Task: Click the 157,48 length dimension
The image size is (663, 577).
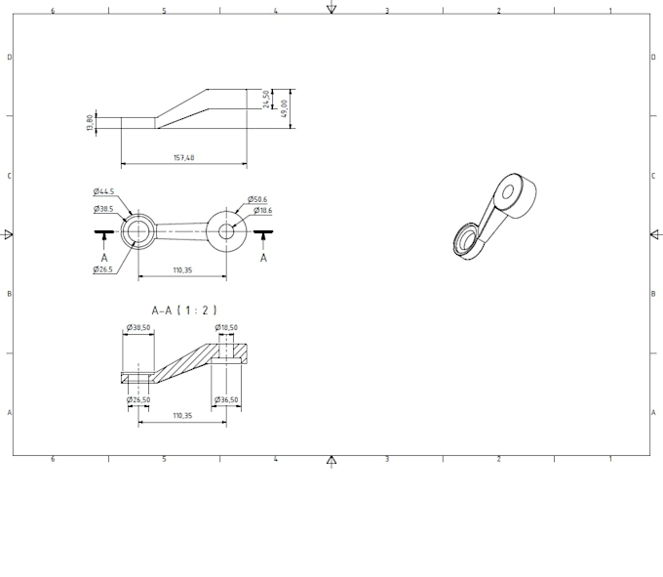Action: [x=183, y=157]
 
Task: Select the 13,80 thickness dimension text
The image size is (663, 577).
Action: [x=90, y=123]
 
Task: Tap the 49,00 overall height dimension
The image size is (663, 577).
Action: [x=285, y=107]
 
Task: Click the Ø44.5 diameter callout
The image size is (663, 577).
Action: [x=104, y=191]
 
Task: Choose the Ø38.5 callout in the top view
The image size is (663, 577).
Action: [x=104, y=209]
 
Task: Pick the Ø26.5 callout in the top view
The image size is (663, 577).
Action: [x=104, y=269]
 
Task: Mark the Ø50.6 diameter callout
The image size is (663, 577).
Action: [x=257, y=199]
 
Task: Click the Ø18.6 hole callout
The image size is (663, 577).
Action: [x=263, y=211]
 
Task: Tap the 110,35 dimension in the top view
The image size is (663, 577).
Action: [x=182, y=269]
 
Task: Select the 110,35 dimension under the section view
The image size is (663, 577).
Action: [x=182, y=416]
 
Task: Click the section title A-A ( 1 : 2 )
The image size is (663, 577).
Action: [x=184, y=309]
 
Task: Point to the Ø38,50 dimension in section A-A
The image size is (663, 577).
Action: [x=137, y=328]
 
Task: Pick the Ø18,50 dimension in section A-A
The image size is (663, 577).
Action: [x=226, y=328]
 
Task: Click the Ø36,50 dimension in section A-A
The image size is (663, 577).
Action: [x=225, y=399]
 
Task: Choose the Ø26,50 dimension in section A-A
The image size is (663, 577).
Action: [x=138, y=399]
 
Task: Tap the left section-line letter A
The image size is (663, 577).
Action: [x=104, y=259]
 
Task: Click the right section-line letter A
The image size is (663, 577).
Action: [x=263, y=259]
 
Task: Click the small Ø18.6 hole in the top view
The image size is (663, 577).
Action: [x=226, y=231]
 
